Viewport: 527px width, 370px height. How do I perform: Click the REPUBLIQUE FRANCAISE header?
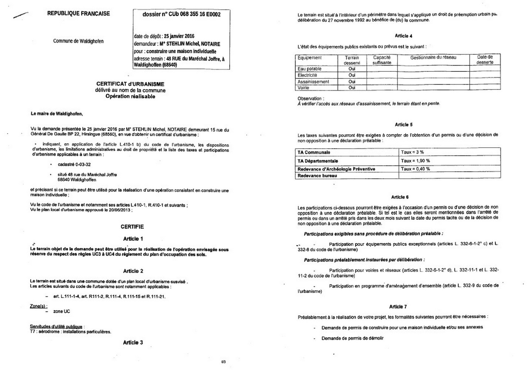(78, 13)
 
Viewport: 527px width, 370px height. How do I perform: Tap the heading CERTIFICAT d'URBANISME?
(130, 84)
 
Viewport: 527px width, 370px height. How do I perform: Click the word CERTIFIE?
(132, 226)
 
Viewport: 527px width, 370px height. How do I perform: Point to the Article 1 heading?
(133, 239)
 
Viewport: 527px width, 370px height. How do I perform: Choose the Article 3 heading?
(133, 343)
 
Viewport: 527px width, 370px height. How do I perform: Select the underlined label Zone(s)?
(38, 306)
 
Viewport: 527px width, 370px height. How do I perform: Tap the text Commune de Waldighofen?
(78, 41)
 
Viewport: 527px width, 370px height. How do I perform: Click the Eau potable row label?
(310, 69)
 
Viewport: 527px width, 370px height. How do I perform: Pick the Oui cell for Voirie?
(352, 88)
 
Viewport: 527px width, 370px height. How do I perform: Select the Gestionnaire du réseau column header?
(433, 58)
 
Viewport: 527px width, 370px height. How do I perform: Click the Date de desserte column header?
(485, 60)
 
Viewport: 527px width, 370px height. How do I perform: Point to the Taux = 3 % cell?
(412, 152)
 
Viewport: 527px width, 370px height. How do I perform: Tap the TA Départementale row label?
(318, 161)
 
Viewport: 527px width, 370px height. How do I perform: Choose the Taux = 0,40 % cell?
(415, 169)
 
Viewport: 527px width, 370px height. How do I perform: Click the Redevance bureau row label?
(317, 176)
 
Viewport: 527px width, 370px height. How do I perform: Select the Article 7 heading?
(398, 307)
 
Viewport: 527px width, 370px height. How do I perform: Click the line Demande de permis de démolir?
(352, 338)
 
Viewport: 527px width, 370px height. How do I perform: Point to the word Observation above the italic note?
(310, 98)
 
